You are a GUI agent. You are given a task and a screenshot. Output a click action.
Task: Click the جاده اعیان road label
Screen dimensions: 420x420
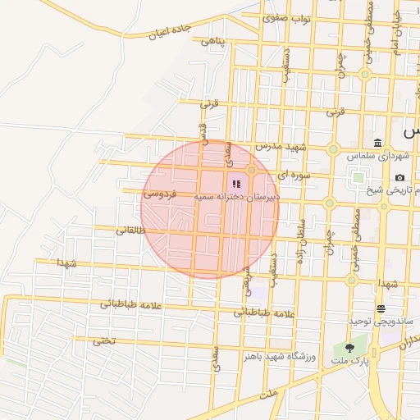pyautogui.click(x=170, y=31)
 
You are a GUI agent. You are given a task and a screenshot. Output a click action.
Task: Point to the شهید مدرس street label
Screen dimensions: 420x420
pyautogui.click(x=280, y=146)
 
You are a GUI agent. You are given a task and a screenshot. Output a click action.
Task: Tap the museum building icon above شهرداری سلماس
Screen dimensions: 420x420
pyautogui.click(x=377, y=143)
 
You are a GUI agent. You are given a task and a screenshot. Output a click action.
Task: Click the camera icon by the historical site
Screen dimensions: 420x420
pyautogui.click(x=399, y=177)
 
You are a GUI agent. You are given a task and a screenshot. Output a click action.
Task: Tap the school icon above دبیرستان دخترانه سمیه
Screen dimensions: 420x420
pyautogui.click(x=236, y=185)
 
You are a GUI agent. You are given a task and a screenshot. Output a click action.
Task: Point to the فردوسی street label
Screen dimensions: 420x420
pyautogui.click(x=160, y=194)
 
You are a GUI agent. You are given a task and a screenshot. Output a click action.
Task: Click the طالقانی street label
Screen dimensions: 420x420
pyautogui.click(x=131, y=231)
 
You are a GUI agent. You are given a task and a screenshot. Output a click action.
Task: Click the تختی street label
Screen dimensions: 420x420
pyautogui.click(x=104, y=340)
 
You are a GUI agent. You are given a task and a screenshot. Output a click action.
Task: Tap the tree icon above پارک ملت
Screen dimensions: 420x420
pyautogui.click(x=350, y=348)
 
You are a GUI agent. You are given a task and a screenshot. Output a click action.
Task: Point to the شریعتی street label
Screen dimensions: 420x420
pyautogui.click(x=246, y=280)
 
